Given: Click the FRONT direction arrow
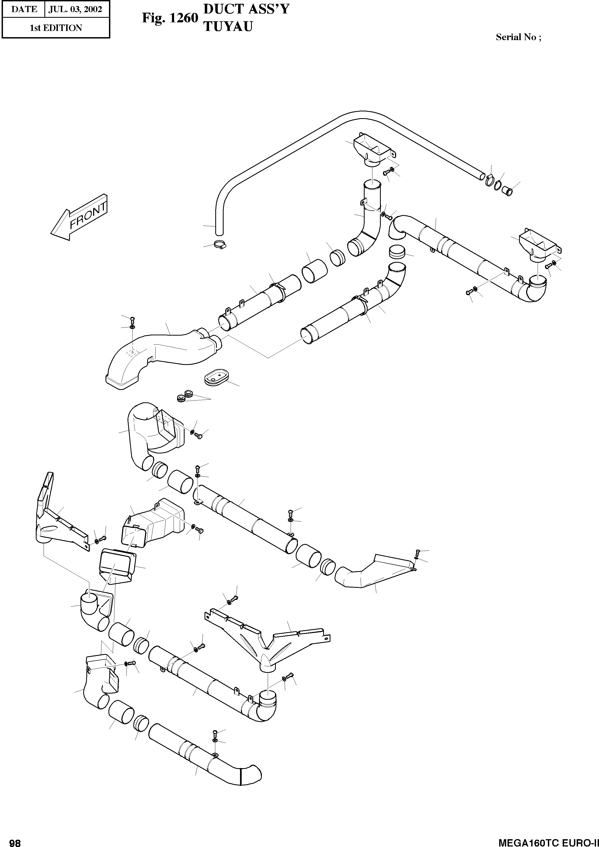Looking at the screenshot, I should click(79, 218).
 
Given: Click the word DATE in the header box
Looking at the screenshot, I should click(24, 9).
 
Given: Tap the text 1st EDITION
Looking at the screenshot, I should click(56, 28).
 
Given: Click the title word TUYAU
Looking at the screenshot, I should click(228, 27).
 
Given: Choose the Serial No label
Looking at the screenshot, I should click(518, 37).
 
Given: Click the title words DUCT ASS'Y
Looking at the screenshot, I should click(246, 9).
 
